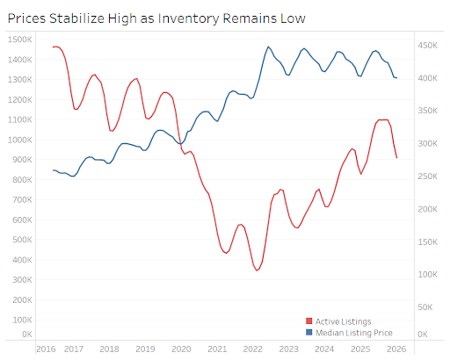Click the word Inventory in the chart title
(188, 19)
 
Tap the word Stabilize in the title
(76, 18)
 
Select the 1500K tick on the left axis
(19, 40)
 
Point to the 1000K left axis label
(19, 140)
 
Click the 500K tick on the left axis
(22, 240)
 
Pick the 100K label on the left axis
(22, 320)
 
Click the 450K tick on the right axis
(427, 46)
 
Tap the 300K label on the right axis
(427, 144)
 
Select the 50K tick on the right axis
(425, 307)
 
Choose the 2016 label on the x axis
(46, 349)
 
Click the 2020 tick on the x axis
(181, 349)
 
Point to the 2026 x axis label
(396, 349)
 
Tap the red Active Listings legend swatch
(308, 321)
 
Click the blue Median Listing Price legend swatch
(308, 333)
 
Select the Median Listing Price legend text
(354, 333)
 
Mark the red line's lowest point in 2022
(257, 270)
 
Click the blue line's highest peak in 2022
(268, 47)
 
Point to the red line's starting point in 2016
(53, 47)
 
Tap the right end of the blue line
(396, 78)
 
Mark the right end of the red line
(397, 158)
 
